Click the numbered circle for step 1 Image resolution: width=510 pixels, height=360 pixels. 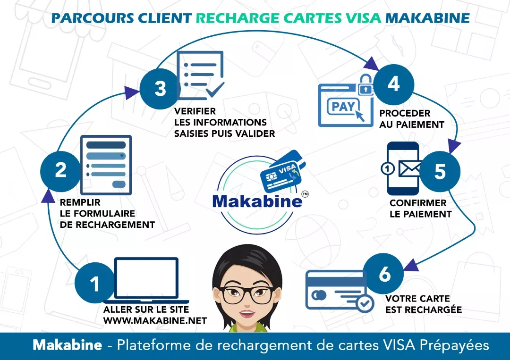coord(94,284)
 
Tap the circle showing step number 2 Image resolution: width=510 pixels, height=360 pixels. coord(61,170)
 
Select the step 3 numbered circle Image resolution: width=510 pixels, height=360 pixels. coord(160,88)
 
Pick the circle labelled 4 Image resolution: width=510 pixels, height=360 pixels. coord(393,84)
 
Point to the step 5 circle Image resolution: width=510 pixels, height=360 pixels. coord(439,171)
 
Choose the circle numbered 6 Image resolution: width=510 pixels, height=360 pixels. coord(384,274)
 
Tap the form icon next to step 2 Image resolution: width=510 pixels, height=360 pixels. coord(106,165)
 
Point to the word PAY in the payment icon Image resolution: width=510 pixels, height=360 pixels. coord(343,107)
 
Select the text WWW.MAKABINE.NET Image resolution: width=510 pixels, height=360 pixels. coord(155,321)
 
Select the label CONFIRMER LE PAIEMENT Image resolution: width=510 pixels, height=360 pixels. coord(420,209)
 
